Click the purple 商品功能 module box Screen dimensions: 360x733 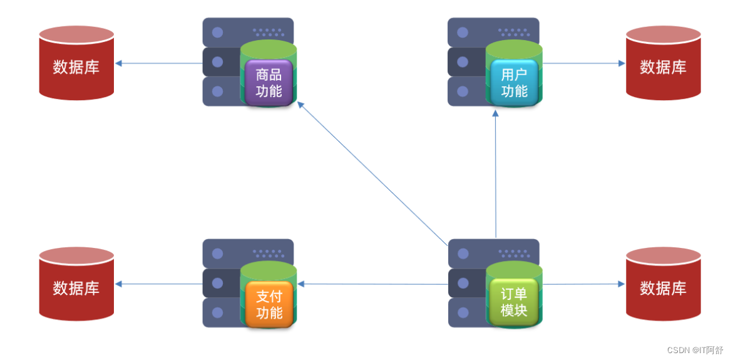click(269, 82)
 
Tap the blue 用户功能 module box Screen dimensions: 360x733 click(514, 82)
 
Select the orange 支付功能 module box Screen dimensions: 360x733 click(269, 304)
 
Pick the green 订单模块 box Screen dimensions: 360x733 click(514, 302)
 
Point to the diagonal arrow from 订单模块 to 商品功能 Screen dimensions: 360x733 click(372, 173)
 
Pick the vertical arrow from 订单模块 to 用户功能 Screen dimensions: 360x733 click(496, 175)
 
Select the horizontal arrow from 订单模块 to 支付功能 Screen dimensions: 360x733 click(372, 284)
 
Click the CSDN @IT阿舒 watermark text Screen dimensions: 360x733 click(695, 350)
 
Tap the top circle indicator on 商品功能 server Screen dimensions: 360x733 click(218, 32)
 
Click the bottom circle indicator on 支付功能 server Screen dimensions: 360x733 click(218, 312)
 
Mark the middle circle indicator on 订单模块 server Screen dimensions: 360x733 click(463, 283)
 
